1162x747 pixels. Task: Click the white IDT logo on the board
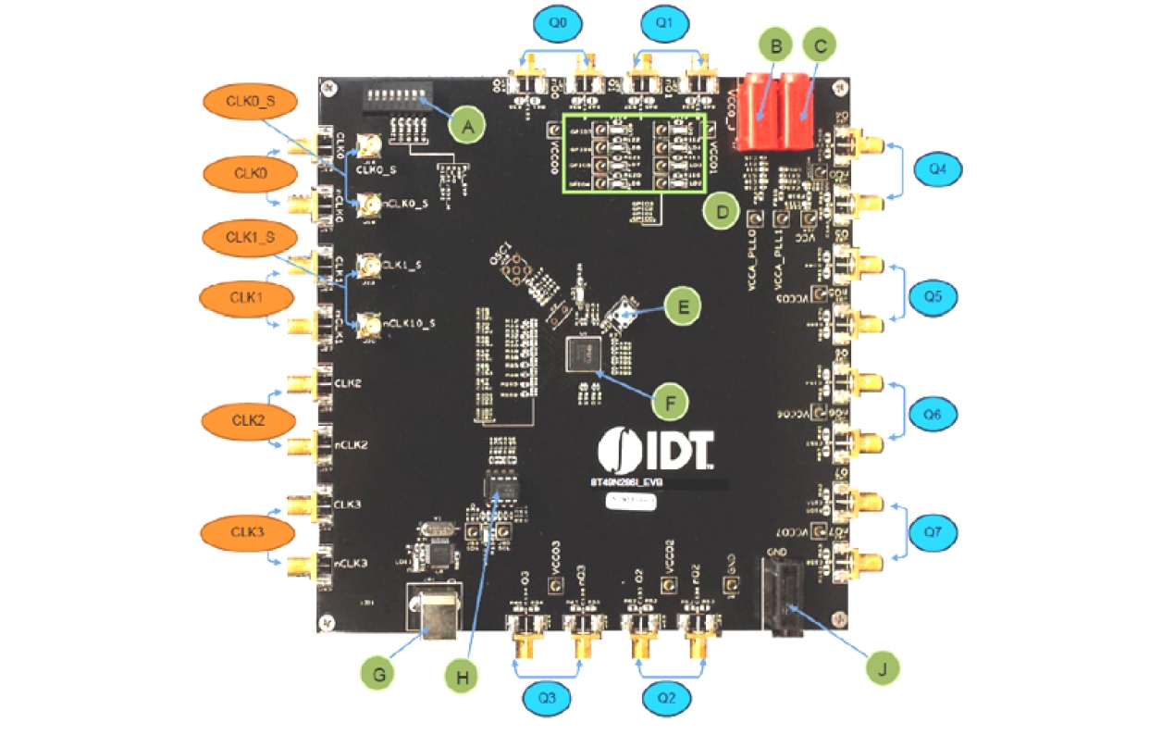656,448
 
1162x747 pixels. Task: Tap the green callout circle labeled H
464,677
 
